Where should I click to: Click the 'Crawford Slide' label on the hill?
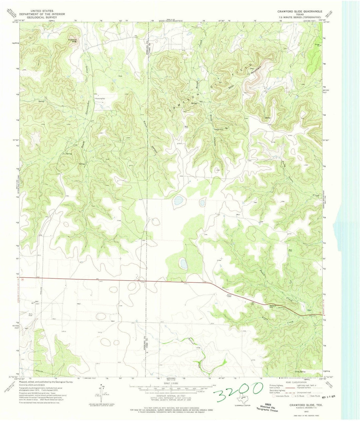[72, 41]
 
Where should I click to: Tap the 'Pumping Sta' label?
[100, 99]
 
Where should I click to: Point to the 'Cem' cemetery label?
[121, 76]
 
